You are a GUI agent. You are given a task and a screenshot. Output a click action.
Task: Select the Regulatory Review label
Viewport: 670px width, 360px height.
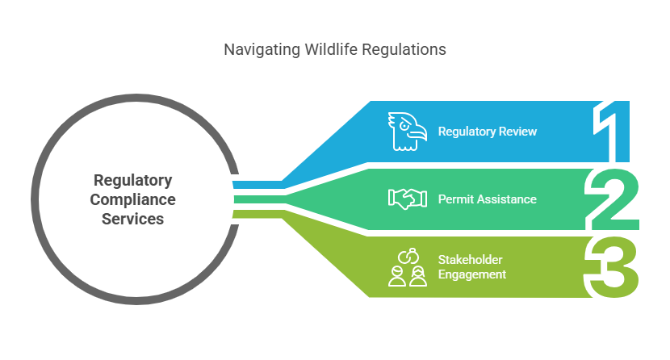point(488,132)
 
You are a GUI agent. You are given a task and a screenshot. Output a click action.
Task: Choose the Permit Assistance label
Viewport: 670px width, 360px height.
point(487,199)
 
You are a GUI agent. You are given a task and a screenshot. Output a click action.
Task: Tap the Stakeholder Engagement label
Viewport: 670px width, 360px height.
point(472,267)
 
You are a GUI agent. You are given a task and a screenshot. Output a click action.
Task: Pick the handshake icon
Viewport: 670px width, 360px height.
point(407,199)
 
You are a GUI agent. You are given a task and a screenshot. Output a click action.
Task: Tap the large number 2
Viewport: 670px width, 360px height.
point(611,199)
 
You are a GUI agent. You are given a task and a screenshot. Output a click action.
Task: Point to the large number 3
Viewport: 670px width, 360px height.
point(611,266)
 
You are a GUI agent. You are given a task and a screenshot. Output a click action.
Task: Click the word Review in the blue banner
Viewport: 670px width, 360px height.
point(519,132)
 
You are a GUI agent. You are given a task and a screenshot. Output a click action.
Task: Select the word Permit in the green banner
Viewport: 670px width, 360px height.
point(454,199)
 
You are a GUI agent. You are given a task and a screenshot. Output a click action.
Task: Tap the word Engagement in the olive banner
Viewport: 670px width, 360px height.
point(472,274)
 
